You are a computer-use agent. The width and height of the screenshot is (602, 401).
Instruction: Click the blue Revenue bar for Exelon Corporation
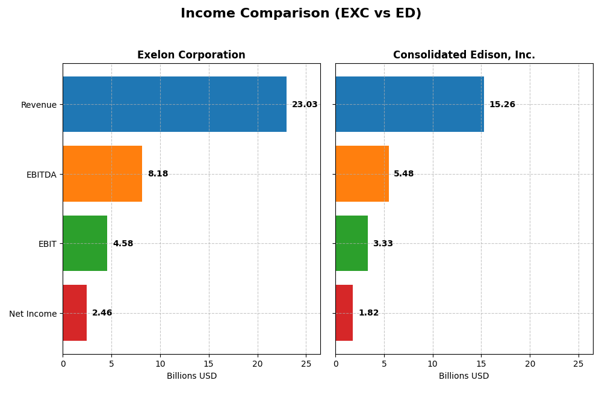coord(175,104)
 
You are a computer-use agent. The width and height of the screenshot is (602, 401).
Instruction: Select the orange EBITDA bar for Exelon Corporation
coord(102,173)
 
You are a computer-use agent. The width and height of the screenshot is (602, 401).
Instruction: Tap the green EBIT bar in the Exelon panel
coord(85,243)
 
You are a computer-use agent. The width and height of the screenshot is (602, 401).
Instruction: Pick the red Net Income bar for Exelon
coord(75,312)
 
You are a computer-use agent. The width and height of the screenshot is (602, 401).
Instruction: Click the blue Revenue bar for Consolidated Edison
coord(409,104)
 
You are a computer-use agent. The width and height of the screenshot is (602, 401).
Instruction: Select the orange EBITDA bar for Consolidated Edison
coord(362,173)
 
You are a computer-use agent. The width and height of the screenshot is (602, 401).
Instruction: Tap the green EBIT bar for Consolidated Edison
coord(352,243)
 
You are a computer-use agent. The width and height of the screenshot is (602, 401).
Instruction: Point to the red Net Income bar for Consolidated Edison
coord(344,312)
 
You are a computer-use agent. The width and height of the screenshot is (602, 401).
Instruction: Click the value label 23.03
coord(305,105)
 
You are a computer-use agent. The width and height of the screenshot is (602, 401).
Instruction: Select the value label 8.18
coord(158,174)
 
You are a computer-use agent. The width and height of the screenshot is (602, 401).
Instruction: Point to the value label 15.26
coord(502,105)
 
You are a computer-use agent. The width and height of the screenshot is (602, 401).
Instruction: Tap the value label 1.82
coord(368,313)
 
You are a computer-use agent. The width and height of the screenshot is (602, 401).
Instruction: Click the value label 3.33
coord(383,244)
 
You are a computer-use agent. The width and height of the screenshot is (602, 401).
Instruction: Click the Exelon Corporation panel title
coord(191,55)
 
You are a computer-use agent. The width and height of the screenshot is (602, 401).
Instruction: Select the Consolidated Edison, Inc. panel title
coord(464,55)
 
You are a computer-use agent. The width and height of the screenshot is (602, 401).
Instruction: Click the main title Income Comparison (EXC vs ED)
coord(301,14)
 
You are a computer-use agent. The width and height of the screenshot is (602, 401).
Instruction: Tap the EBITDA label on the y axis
coord(42,175)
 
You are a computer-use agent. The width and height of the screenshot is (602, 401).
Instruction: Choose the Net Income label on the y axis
coord(33,314)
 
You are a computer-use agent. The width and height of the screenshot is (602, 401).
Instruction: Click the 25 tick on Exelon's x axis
coord(306,364)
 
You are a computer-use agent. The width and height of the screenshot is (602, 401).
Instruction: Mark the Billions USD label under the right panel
coord(464,376)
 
